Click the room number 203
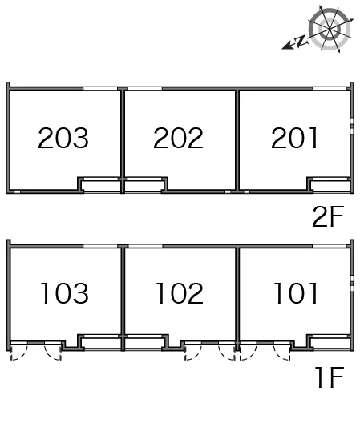coord(63,138)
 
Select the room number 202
coord(178,138)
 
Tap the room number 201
coord(294,138)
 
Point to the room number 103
coord(64,293)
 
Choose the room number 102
coord(180,293)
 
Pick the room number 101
coord(296,293)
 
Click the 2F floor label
coord(328,216)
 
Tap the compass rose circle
coord(330,29)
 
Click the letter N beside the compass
coord(301,42)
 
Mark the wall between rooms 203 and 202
coord(123,141)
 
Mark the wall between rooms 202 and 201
coord(237,139)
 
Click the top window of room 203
coord(100,88)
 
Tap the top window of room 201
coord(330,88)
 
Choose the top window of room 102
coord(145,246)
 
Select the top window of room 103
coord(100,246)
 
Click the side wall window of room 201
coord(352,126)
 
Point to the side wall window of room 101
coord(352,283)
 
